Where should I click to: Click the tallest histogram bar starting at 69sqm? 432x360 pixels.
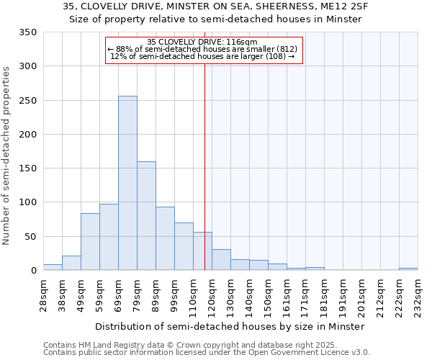click(x=127, y=184)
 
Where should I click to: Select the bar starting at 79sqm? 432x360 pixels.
click(x=146, y=216)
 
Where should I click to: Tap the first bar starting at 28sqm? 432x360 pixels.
click(x=53, y=267)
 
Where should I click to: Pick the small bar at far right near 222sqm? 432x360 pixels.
click(x=408, y=269)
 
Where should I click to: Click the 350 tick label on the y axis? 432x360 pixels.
click(x=28, y=32)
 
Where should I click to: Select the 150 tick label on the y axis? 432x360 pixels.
click(x=28, y=168)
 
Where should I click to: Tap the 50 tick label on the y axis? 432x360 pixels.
click(x=31, y=237)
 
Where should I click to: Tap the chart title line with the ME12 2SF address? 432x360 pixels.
click(x=215, y=6)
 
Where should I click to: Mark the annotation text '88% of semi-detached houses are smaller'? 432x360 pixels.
click(x=202, y=49)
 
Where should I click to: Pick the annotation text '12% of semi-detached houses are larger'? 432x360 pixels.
click(x=204, y=56)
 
